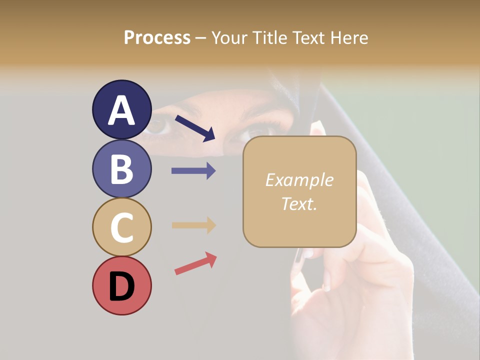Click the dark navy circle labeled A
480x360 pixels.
(x=121, y=109)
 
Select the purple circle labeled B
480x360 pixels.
(x=121, y=168)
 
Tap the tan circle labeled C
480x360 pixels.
(x=121, y=227)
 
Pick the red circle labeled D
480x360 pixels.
(x=121, y=285)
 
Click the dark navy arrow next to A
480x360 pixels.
(x=195, y=127)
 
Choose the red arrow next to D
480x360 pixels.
(x=195, y=263)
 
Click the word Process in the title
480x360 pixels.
(x=157, y=38)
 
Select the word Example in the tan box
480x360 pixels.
(x=299, y=180)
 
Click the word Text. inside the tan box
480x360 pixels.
(x=299, y=203)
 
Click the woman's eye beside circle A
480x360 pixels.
(x=159, y=126)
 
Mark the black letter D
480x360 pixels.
(x=121, y=286)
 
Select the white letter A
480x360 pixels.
(x=121, y=110)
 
